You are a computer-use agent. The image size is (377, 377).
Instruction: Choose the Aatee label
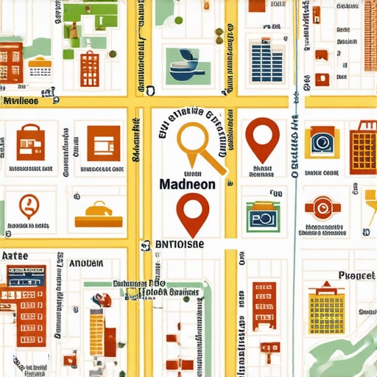pos(15,256)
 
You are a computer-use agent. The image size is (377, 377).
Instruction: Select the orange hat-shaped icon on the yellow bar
pos(99,211)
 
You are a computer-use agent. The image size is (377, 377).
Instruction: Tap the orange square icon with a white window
pos(102,142)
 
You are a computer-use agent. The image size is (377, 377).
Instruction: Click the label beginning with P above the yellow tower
pos(356,275)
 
